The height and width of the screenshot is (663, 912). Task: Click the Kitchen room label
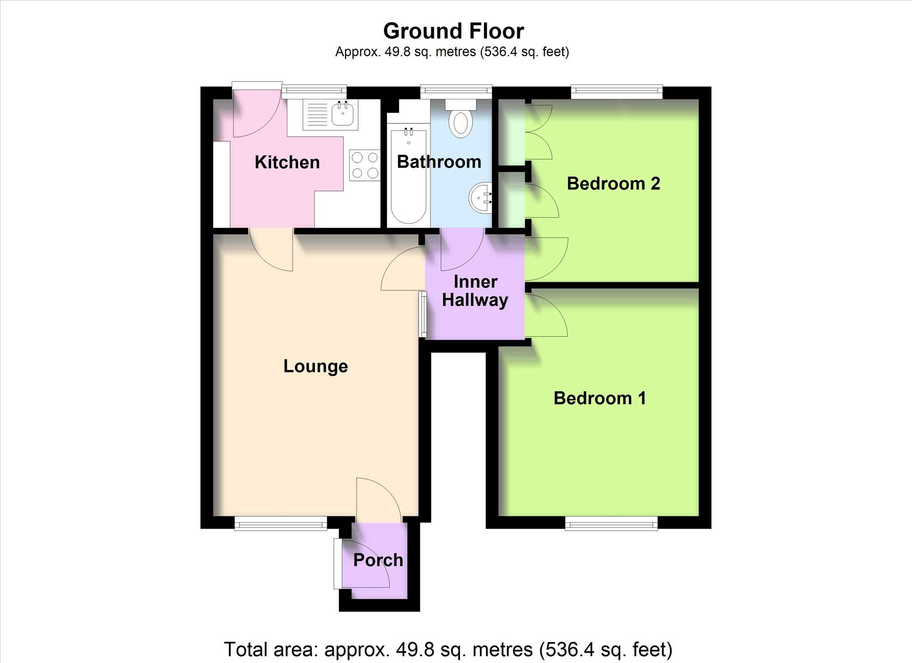[287, 162]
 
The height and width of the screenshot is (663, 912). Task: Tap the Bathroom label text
[439, 162]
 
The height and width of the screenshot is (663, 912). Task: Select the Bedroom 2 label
[613, 184]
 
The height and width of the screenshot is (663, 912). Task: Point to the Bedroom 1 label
[600, 398]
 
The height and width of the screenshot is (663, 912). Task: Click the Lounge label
[316, 367]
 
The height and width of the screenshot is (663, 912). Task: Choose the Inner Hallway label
[475, 292]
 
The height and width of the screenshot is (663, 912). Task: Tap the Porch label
[378, 560]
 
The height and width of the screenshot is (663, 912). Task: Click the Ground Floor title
[454, 31]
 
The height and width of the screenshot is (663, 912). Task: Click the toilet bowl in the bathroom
[461, 123]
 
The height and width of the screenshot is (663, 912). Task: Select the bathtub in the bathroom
[409, 176]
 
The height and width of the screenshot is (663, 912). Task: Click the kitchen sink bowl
[342, 114]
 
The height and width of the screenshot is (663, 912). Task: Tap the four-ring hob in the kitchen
[365, 165]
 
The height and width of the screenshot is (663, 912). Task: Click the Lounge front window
[281, 524]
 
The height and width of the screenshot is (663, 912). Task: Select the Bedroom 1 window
[611, 524]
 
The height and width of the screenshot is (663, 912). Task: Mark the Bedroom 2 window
[617, 92]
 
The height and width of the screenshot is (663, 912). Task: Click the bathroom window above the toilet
[456, 92]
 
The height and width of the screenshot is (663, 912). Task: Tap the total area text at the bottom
[448, 649]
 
